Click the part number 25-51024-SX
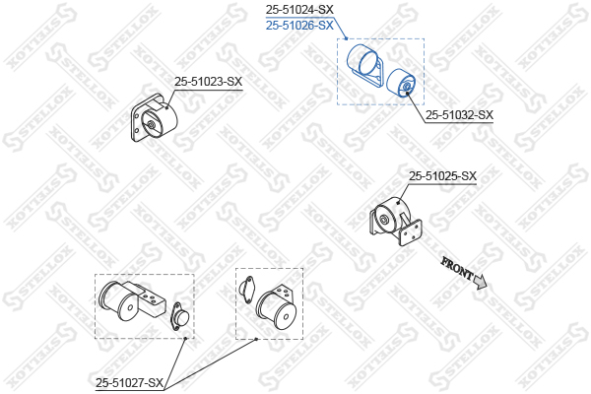point(299,9)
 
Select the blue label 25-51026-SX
point(299,26)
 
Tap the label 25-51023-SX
point(208,82)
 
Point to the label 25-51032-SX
point(459,115)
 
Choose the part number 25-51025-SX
point(443,175)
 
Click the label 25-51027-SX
point(129,383)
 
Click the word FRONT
point(457,267)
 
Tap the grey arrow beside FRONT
point(481,282)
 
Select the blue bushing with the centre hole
point(401,83)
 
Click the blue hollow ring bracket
point(364,64)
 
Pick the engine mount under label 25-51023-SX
point(154,118)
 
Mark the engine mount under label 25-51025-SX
point(396,221)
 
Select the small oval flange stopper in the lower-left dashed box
point(179,316)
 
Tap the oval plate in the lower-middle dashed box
point(246,290)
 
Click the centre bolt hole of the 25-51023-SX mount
point(151,125)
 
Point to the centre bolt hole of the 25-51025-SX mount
point(384,220)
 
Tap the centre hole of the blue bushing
point(408,87)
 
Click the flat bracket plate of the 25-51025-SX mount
point(410,232)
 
